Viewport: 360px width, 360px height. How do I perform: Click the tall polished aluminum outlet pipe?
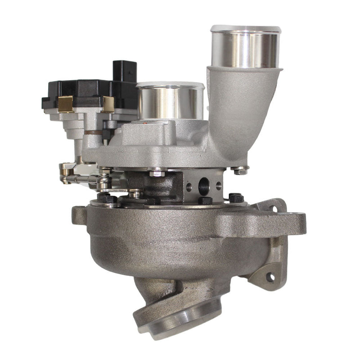point(245,47)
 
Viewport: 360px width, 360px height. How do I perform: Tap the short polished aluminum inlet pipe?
point(170,101)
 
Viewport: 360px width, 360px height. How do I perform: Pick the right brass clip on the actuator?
point(108,104)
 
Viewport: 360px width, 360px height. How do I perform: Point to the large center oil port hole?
point(203,184)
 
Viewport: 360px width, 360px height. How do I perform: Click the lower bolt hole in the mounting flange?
point(270,276)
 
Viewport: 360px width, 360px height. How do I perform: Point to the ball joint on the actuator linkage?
point(103,182)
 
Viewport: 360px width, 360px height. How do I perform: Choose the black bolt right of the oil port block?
point(236,198)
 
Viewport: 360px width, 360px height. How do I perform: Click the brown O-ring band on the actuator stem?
point(94,132)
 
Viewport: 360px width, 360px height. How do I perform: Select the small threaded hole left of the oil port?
point(189,185)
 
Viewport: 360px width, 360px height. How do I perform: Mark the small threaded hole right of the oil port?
point(219,185)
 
